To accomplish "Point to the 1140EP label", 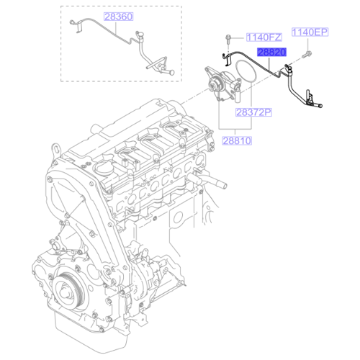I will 310,32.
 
